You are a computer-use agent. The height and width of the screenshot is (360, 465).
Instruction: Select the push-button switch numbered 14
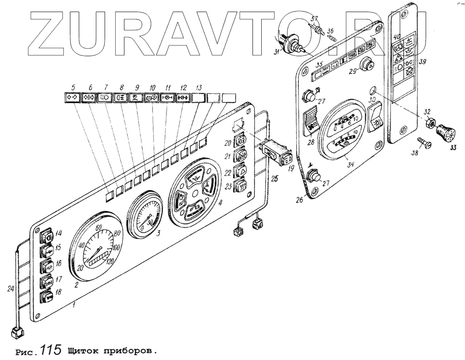[x=46, y=236]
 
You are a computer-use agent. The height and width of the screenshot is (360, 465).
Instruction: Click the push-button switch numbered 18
[x=47, y=296]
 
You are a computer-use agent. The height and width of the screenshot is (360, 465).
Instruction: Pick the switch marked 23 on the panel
[x=240, y=186]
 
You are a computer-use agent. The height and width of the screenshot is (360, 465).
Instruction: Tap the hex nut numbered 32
[x=431, y=124]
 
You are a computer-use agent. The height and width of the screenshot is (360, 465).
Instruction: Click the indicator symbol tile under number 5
[x=72, y=97]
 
